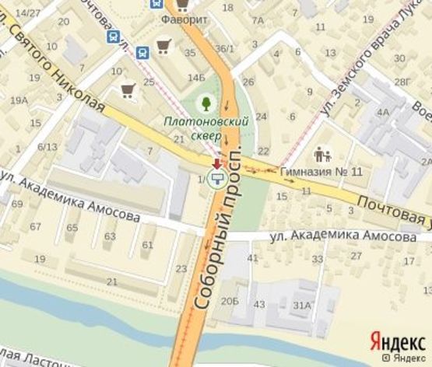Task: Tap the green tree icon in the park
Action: click(205, 102)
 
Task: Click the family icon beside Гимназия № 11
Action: click(323, 154)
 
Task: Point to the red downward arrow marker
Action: click(217, 163)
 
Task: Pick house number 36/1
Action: click(225, 49)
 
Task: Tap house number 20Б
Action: click(229, 301)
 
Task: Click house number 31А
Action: click(302, 305)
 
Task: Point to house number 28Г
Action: click(402, 82)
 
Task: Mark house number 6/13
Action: click(47, 146)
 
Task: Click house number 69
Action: click(17, 204)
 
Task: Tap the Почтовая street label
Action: click(392, 211)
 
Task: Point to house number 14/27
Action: click(28, 13)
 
